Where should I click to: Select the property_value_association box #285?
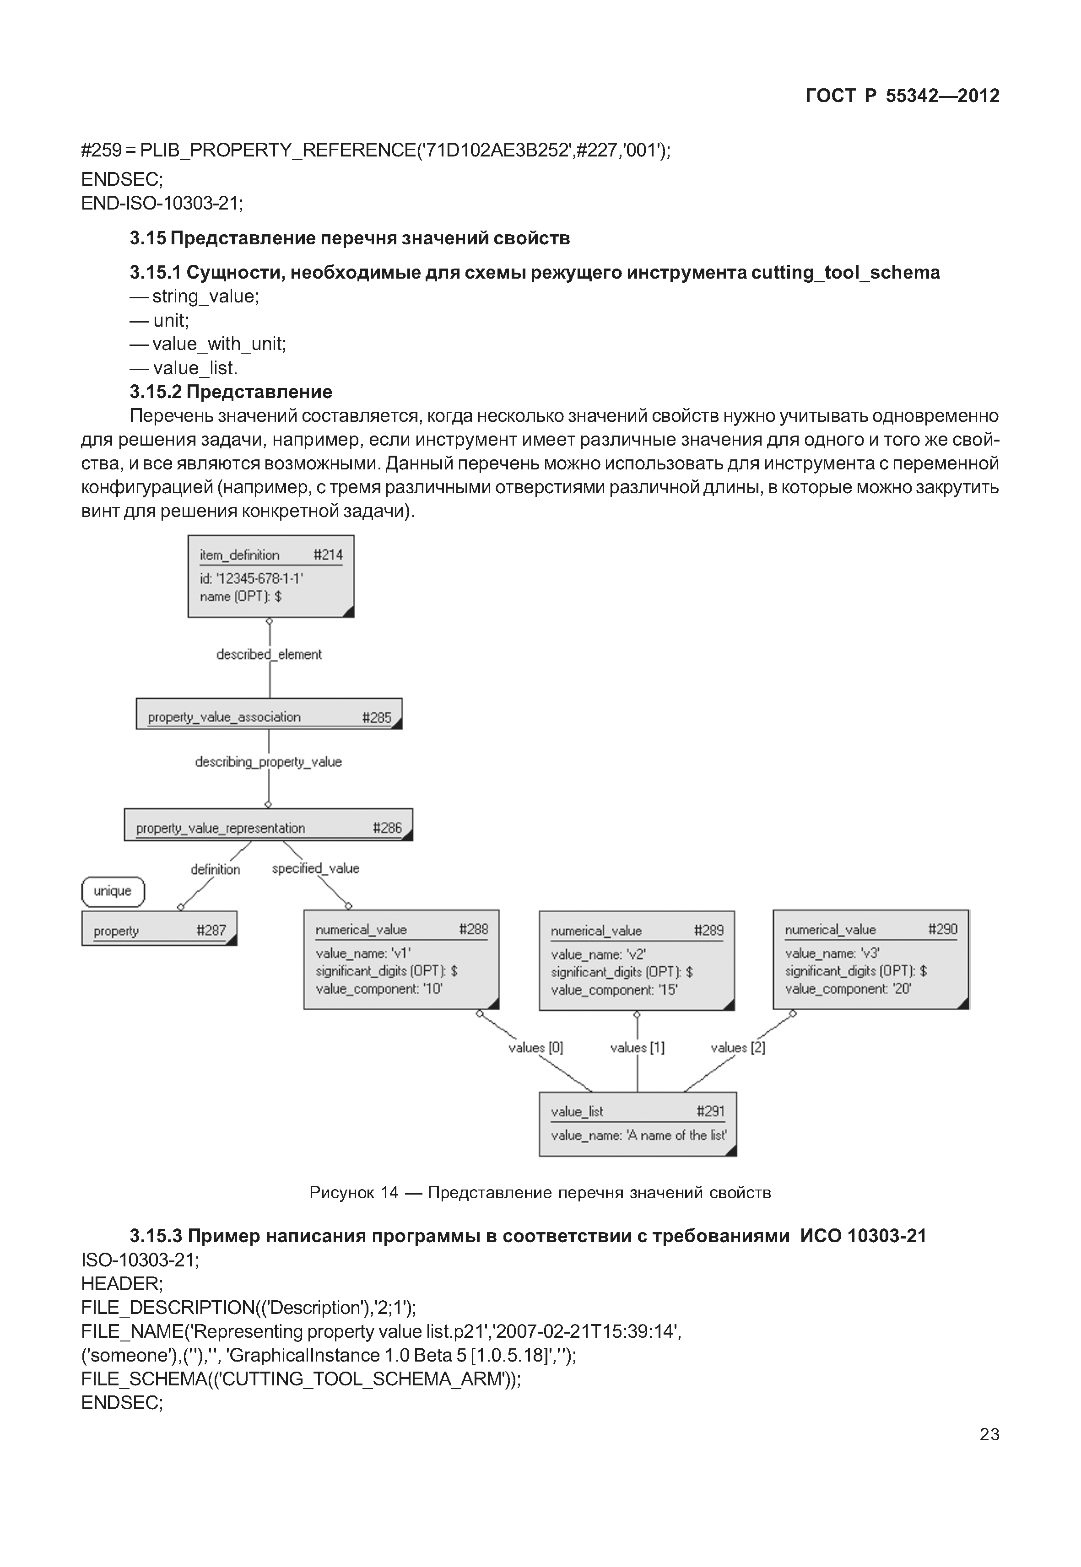(269, 714)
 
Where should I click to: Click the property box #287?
(159, 928)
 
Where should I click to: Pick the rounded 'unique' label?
(113, 891)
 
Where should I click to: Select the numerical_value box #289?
(636, 960)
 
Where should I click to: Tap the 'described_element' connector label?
(269, 654)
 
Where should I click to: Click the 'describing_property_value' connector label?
(268, 762)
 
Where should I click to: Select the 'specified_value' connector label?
(316, 868)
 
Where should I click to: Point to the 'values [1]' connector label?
(638, 1048)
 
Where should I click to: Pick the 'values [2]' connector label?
(738, 1048)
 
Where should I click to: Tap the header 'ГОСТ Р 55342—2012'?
(902, 96)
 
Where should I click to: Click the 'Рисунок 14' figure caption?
(540, 1192)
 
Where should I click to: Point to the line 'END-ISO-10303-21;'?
(162, 203)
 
